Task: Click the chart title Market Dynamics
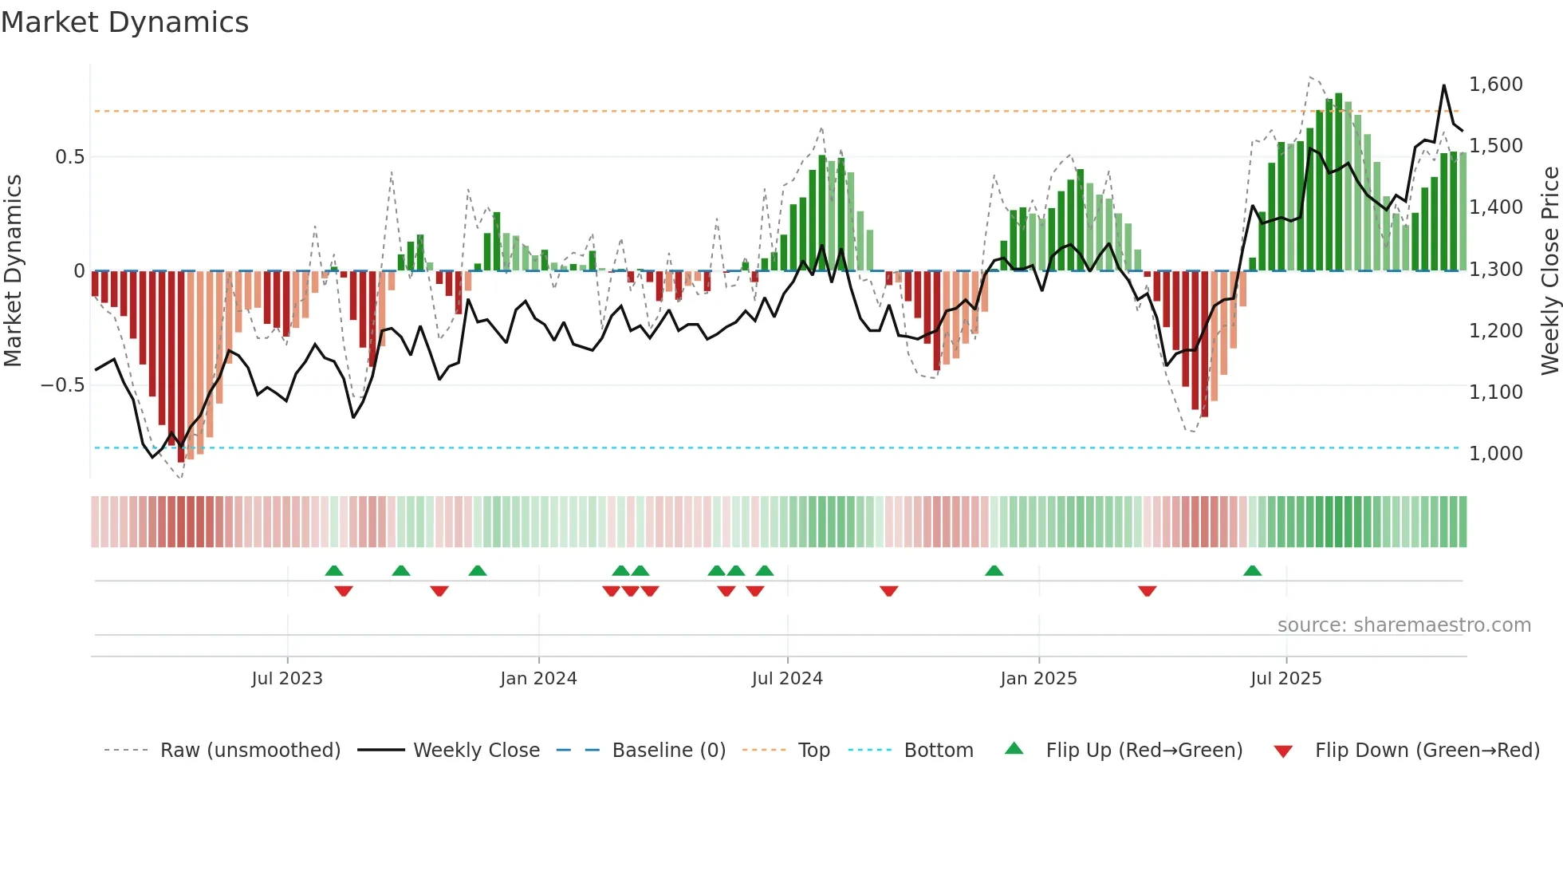(x=124, y=22)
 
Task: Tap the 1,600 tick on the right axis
(x=1495, y=85)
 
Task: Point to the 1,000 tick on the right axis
(x=1495, y=454)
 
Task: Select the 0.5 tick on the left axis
(x=69, y=157)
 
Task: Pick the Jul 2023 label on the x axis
(x=287, y=679)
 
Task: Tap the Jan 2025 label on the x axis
(x=1038, y=679)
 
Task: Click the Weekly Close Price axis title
(x=1549, y=270)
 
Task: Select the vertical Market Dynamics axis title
(x=14, y=270)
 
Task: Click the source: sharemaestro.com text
(x=1404, y=625)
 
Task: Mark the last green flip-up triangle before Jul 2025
(x=1252, y=571)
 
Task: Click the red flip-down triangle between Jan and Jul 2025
(x=1147, y=591)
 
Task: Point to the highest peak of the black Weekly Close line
(x=1443, y=85)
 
